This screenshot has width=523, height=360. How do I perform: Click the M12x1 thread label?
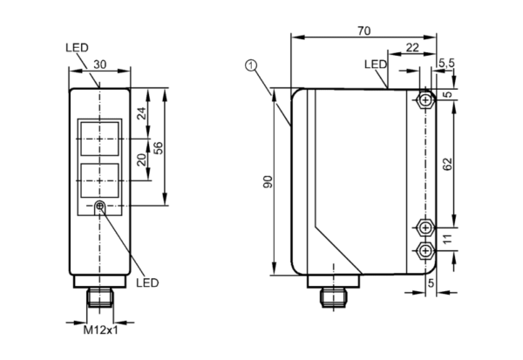coord(100,330)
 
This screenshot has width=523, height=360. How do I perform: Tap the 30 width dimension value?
coord(99,65)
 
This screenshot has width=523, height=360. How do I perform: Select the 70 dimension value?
coord(363,31)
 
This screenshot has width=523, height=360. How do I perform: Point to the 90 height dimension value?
coord(268,181)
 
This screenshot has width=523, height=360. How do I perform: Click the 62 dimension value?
coord(448,164)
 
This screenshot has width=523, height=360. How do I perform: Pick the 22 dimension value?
coord(412,48)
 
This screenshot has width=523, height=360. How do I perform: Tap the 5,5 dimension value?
coord(446,63)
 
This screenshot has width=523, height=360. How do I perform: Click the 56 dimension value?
coord(159,148)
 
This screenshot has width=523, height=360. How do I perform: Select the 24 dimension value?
coord(142,113)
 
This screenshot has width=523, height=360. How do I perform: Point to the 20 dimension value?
coord(142,160)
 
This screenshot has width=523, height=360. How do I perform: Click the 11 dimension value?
coord(447,239)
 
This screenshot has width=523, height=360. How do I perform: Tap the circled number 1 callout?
coord(251,65)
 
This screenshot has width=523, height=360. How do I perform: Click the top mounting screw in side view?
coord(425,99)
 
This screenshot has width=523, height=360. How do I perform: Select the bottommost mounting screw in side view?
coord(425,250)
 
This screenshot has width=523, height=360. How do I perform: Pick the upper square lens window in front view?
coord(99,139)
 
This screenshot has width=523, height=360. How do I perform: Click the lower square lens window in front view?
coord(99,180)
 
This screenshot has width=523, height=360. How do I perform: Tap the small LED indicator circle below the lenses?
coord(99,206)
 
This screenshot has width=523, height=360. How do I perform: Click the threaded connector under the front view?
coord(99,297)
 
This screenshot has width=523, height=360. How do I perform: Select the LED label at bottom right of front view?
coord(147,283)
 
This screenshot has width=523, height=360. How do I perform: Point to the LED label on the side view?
coord(376,65)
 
